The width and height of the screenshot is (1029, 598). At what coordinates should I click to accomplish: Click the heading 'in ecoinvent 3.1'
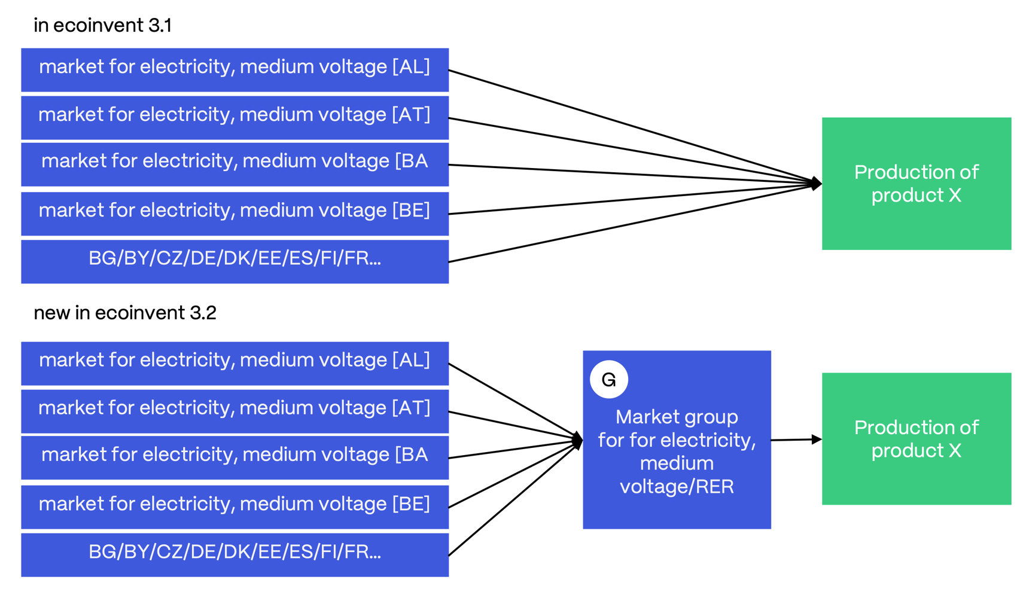coord(102,25)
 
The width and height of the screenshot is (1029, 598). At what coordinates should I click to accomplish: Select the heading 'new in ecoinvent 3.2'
coord(124,313)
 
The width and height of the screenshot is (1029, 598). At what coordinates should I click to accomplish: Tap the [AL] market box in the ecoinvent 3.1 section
coord(235,69)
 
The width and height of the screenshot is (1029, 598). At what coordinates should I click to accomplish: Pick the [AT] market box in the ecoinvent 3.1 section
coord(235,118)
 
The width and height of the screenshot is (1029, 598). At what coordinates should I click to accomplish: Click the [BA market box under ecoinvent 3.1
coord(235,164)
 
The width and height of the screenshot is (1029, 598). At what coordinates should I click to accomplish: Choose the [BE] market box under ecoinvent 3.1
coord(235,213)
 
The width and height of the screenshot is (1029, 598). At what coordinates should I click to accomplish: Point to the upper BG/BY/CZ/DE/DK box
coord(235,261)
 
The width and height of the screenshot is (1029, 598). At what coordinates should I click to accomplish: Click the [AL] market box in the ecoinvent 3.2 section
coord(235,363)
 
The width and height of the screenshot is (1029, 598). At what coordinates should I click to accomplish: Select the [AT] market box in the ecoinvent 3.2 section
coord(235,411)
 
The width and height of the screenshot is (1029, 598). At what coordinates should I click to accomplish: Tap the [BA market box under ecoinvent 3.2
coord(235,457)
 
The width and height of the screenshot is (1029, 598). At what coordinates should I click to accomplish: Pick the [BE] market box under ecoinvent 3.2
coord(235,507)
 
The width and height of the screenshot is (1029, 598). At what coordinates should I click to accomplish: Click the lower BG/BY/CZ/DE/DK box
coord(235,555)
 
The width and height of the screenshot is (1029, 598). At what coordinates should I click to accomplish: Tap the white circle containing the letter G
coord(608,379)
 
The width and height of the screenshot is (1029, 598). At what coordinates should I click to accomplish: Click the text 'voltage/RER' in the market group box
coord(677,487)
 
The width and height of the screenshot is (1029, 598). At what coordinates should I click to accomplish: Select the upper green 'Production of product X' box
coord(916,184)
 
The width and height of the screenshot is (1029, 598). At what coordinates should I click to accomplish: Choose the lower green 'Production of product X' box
coord(916,439)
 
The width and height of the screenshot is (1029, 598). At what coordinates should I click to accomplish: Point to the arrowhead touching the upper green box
coord(816,183)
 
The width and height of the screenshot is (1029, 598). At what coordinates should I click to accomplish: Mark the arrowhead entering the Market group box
coord(577,441)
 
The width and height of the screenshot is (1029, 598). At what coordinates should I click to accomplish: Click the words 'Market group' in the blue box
coord(677,417)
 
